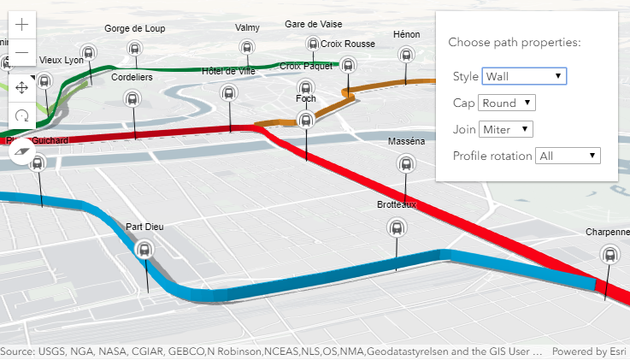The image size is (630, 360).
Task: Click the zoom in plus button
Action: (22, 24)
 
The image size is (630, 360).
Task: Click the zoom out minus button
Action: (22, 53)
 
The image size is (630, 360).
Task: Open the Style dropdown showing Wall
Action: (524, 76)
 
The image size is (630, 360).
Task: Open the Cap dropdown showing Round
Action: (507, 103)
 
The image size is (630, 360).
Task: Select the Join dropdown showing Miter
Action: (505, 129)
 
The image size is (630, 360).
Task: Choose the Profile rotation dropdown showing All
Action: (568, 156)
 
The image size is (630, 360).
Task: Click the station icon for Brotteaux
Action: (397, 227)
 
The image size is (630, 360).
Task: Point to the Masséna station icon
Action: (405, 163)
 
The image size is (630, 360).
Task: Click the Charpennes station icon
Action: (609, 254)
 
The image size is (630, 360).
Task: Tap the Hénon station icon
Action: (407, 56)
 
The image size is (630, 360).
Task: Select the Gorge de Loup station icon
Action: (134, 49)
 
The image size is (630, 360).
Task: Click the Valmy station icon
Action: (247, 48)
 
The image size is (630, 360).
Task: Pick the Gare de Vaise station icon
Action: (313, 44)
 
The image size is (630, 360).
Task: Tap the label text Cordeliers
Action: (132, 77)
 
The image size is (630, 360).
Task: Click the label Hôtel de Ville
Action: (228, 71)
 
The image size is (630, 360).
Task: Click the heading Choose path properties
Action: (515, 42)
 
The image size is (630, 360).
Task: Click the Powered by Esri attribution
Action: (588, 351)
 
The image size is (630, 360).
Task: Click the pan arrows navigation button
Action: (22, 87)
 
